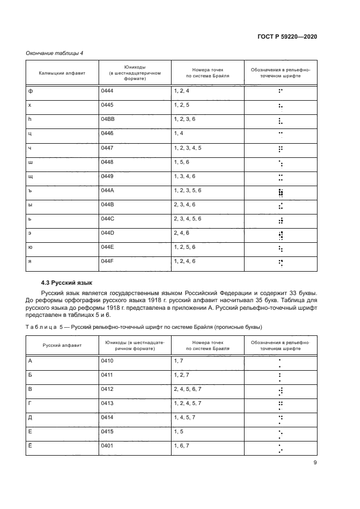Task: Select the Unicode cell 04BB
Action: pos(107,119)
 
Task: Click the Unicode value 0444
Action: pos(107,91)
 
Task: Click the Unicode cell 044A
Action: pos(107,191)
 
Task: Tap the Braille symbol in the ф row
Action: pos(280,91)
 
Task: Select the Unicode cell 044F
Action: pos(107,261)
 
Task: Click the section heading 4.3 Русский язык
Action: pos(67,283)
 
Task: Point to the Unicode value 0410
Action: pos(107,360)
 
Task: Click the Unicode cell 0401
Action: pos(107,446)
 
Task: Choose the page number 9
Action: pos(315,463)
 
